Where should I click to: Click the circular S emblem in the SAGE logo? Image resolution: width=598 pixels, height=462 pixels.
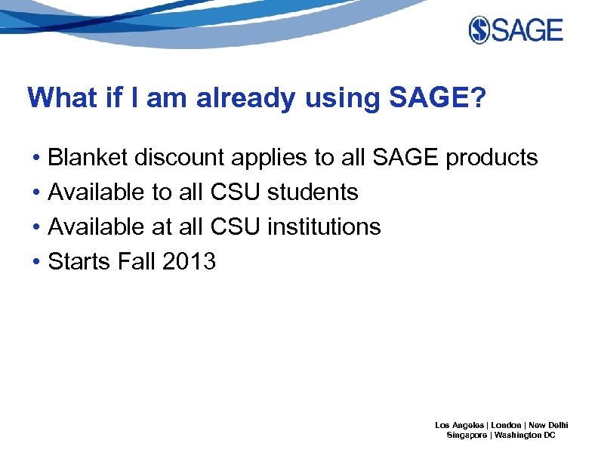480,30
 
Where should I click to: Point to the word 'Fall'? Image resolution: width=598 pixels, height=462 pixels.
137,261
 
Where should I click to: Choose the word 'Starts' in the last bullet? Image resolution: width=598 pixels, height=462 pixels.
79,261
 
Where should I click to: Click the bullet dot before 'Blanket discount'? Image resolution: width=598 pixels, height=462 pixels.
36,159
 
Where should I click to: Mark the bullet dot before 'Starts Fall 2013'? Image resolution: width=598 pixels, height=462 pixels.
36,262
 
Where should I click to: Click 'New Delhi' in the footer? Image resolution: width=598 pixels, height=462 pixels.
548,425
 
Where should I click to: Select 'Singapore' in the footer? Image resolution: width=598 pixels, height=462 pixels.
467,436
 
